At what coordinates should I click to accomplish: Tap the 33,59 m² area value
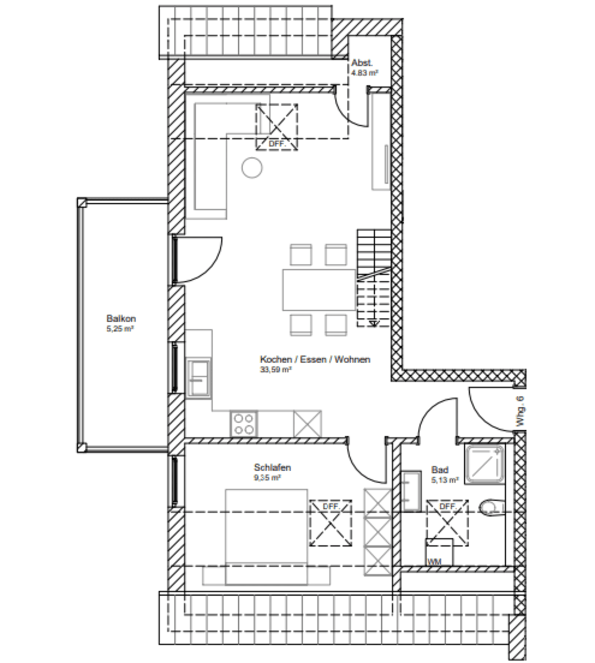click(x=276, y=370)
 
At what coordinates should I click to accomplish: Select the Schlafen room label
click(x=272, y=467)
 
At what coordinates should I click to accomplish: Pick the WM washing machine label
click(x=434, y=561)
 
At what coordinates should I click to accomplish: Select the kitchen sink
click(x=199, y=378)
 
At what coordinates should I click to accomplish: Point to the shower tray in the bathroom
click(x=485, y=464)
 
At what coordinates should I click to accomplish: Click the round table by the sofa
click(x=252, y=168)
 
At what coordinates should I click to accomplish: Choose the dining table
click(x=319, y=289)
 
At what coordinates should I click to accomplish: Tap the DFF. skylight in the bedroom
click(x=331, y=523)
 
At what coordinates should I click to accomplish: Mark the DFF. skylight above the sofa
click(x=277, y=127)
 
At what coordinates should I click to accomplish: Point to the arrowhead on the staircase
click(x=374, y=323)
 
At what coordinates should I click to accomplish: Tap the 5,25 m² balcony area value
click(x=120, y=329)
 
